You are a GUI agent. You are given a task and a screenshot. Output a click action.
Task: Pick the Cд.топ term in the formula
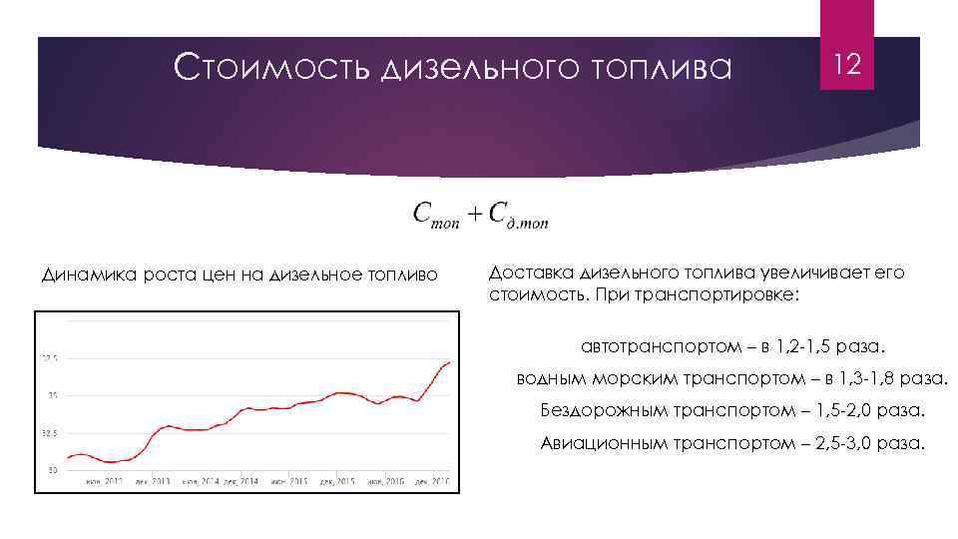tap(517, 216)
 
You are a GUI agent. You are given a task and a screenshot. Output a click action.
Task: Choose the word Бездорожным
tap(601, 410)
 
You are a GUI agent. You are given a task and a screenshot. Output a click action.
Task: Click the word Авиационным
tap(603, 442)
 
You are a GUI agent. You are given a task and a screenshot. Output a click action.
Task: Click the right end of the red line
tap(450, 362)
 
